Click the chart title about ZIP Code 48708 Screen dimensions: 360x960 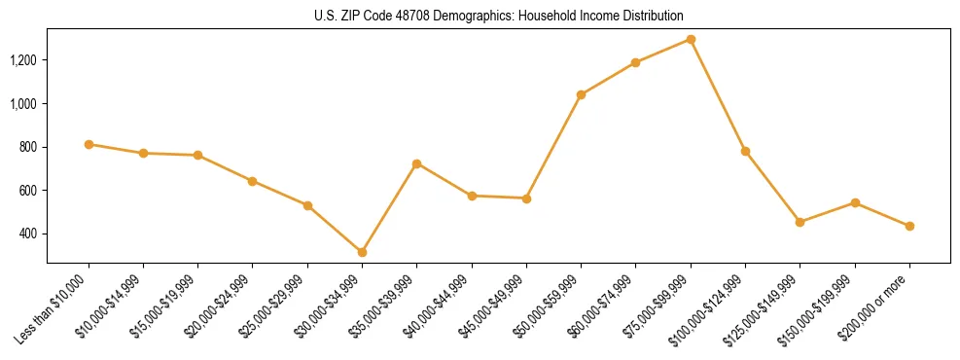click(499, 16)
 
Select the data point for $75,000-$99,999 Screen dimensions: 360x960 click(691, 39)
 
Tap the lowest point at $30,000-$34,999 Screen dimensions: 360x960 click(362, 252)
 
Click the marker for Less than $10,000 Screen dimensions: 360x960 click(89, 144)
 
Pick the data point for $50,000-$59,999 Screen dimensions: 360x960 click(581, 94)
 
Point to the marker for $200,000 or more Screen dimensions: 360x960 click(909, 226)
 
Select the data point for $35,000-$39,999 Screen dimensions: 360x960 click(416, 163)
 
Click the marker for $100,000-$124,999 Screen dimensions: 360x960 click(745, 151)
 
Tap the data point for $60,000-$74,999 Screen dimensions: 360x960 click(635, 62)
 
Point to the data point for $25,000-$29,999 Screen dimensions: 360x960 click(307, 205)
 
